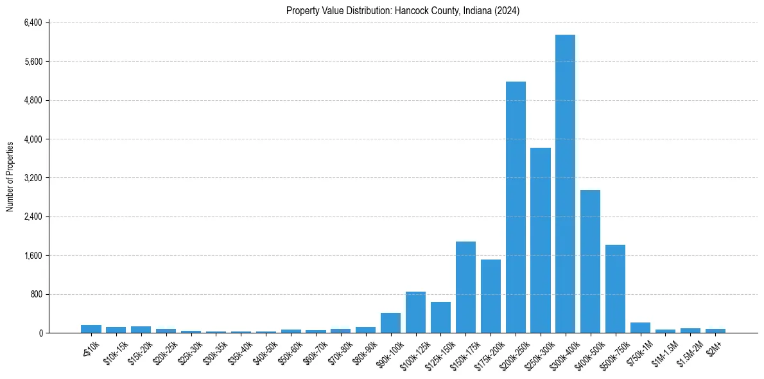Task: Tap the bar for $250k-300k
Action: [541, 240]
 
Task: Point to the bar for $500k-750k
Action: [615, 288]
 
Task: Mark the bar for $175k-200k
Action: [491, 296]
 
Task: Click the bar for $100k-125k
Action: [415, 312]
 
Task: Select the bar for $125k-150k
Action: [440, 317]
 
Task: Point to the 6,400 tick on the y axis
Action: [32, 22]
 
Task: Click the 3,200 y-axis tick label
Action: [32, 178]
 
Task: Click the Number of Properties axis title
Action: [10, 177]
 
